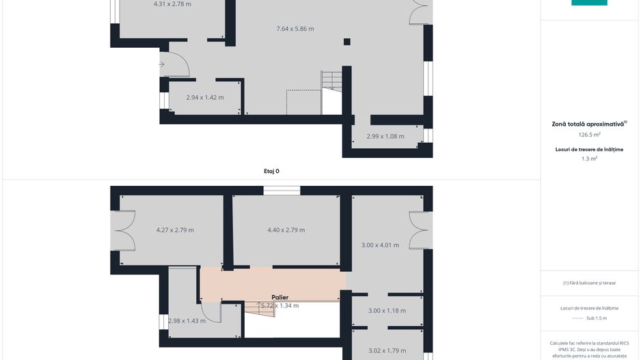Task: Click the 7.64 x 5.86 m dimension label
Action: pos(295,29)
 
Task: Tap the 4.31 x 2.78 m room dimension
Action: pos(172,4)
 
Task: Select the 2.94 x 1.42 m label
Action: pos(205,98)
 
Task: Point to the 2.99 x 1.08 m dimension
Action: pos(385,136)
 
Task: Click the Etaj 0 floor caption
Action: pos(271,171)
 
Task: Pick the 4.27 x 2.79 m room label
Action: pos(175,230)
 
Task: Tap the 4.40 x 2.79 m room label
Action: pos(286,230)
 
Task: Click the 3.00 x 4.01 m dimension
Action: pos(380,245)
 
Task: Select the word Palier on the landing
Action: pos(279,297)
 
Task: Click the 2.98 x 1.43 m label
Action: pos(187,320)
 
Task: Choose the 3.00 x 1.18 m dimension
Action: pos(387,311)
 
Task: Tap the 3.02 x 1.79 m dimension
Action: pos(387,350)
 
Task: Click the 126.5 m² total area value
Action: pos(589,135)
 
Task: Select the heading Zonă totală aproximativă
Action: pos(588,124)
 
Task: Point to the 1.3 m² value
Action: pos(589,158)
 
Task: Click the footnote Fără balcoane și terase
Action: pos(589,283)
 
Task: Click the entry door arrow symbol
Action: pos(161,65)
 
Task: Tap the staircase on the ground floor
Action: pos(331,81)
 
